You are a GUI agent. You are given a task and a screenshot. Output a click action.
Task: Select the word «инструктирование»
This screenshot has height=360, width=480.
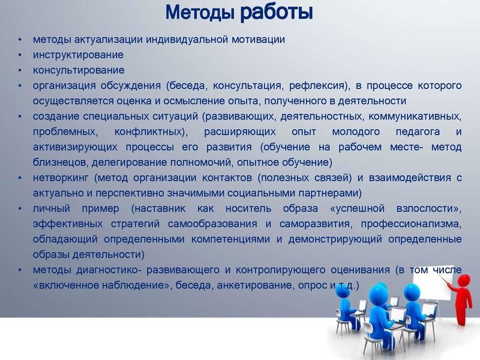(79, 55)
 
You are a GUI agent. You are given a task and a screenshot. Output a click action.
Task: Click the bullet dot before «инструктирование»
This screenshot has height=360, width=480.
(20, 55)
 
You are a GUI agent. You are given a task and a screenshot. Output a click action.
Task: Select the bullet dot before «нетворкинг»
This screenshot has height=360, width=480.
(20, 178)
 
